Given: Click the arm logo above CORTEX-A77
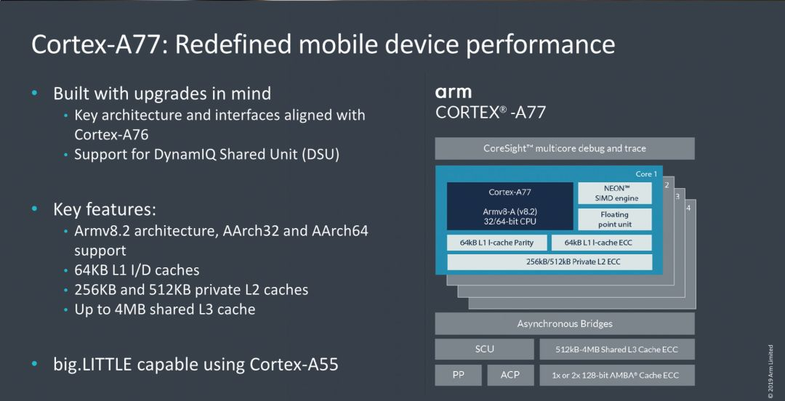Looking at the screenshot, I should (x=453, y=92).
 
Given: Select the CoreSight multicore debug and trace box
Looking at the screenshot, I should (x=565, y=148).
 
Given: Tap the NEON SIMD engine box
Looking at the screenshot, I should (x=614, y=193).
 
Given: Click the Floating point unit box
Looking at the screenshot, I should (x=614, y=219).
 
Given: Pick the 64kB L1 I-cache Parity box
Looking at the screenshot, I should (x=496, y=243).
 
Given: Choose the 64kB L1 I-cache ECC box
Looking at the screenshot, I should (x=602, y=243).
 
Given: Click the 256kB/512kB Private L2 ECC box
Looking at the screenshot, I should (x=549, y=262).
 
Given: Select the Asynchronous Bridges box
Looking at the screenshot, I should (x=565, y=323).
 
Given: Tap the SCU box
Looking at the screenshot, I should (x=484, y=349).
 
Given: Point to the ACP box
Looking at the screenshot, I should (x=510, y=375).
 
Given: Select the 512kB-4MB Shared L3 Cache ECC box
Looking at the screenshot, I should (x=616, y=349).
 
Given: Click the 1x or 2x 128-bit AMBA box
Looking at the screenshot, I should (x=616, y=376).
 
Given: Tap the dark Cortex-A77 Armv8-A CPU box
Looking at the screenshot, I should (x=510, y=206).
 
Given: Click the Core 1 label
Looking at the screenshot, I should (x=646, y=174).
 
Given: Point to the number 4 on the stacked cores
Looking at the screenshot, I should (x=688, y=208).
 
